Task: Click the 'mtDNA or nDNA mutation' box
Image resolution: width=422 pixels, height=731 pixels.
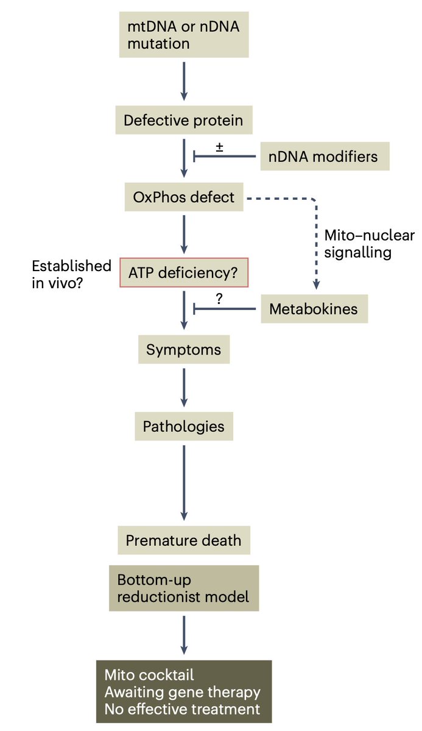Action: (184, 35)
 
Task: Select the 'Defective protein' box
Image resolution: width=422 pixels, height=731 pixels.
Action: (184, 120)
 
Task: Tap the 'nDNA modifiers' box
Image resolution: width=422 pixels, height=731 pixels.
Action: (325, 157)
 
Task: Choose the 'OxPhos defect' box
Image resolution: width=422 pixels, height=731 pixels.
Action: (184, 197)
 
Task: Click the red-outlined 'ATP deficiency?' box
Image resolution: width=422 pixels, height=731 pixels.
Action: (184, 272)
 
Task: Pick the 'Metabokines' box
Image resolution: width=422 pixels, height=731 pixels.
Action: (314, 309)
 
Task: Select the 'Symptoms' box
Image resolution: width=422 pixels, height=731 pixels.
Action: (184, 350)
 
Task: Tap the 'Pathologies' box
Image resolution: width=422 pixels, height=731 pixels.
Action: (184, 426)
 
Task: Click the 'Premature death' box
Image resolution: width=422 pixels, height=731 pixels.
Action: (184, 540)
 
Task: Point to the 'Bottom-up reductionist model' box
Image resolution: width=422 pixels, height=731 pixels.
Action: (184, 588)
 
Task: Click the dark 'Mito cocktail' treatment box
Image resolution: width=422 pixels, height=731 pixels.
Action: (184, 692)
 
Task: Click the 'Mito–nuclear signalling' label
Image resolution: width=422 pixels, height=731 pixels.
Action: (370, 244)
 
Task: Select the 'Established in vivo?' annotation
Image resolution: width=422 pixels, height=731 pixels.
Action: (71, 275)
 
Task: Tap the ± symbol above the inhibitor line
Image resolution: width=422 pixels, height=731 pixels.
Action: (219, 147)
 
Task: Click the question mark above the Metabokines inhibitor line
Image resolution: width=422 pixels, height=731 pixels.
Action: (219, 298)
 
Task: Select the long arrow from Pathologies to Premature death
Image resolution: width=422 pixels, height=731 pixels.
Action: (184, 483)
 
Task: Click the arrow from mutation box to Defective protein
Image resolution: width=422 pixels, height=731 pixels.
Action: (184, 81)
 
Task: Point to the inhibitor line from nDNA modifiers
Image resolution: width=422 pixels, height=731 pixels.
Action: (225, 157)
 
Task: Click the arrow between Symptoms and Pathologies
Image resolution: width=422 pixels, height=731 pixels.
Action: (184, 387)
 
